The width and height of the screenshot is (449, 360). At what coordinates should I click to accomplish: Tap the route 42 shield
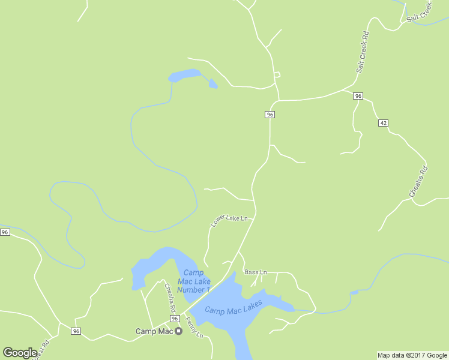(x=383, y=123)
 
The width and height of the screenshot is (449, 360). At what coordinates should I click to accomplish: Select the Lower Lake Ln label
(x=229, y=220)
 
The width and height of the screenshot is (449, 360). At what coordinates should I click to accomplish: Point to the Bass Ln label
(x=255, y=272)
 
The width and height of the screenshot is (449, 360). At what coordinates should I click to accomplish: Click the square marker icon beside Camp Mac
(x=178, y=331)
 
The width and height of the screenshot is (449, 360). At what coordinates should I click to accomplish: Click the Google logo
(x=20, y=353)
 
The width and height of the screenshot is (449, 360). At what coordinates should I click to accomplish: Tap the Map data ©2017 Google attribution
(x=412, y=355)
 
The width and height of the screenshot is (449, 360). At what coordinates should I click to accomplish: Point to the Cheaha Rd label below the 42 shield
(x=418, y=181)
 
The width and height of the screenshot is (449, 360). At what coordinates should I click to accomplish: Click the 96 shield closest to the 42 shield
(x=358, y=96)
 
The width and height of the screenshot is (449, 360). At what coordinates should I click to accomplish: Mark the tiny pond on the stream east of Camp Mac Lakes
(x=354, y=293)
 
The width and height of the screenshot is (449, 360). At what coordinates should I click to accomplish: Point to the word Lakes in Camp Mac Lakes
(x=251, y=304)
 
